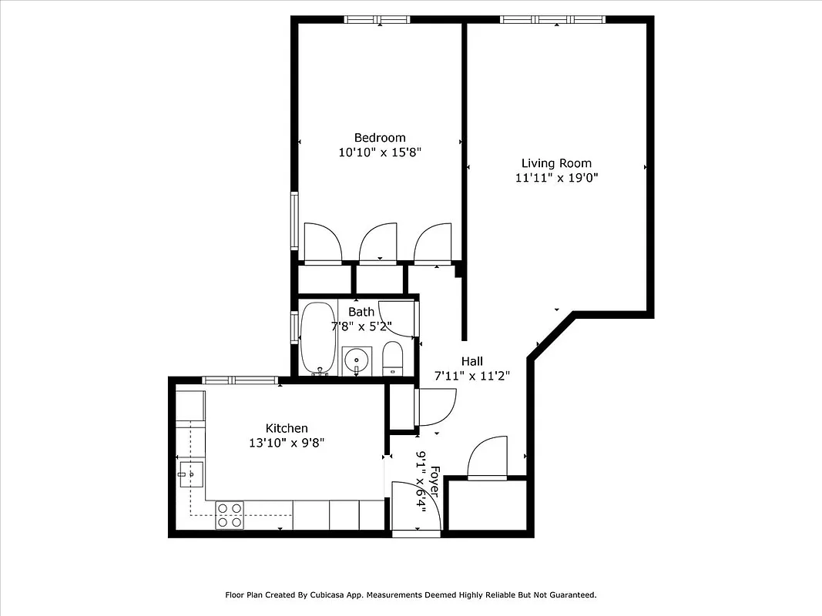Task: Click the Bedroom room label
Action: tap(380, 138)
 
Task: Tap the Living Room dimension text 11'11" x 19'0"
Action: tap(556, 178)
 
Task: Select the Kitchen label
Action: tap(287, 428)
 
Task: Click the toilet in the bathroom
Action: tap(393, 360)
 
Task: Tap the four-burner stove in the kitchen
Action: tap(230, 515)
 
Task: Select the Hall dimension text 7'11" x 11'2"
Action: tap(471, 376)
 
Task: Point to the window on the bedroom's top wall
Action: tap(377, 19)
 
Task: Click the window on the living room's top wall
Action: tap(552, 19)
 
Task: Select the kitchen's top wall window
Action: tap(239, 380)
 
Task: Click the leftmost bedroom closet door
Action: tap(324, 244)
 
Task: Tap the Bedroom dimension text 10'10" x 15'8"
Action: tap(380, 152)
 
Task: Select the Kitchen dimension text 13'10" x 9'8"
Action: tap(287, 443)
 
